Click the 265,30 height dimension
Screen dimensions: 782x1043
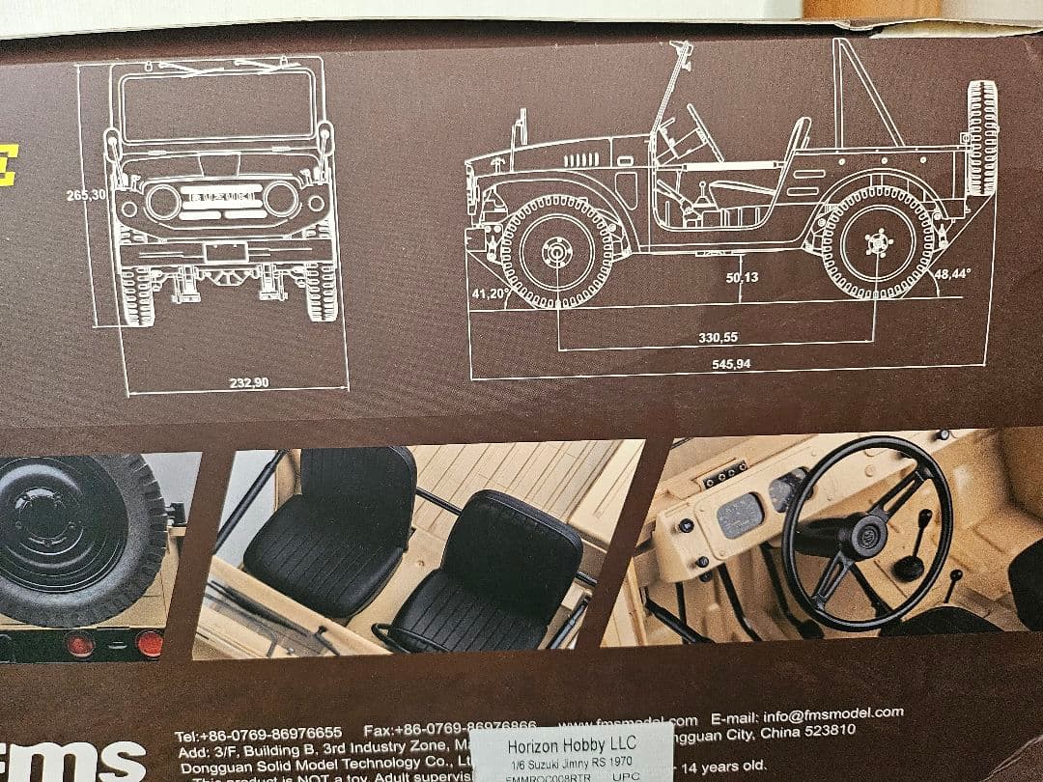[86, 195]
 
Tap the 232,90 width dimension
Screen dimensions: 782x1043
[249, 383]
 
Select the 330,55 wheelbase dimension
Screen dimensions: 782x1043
[718, 337]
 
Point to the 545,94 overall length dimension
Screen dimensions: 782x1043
[730, 364]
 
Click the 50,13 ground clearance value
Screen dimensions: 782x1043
[742, 278]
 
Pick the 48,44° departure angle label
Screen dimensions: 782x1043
[953, 273]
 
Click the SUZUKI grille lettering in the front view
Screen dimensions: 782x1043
[221, 197]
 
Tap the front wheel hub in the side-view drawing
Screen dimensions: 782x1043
[557, 252]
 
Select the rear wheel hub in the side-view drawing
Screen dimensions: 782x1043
[878, 242]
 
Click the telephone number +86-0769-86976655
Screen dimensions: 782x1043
[258, 734]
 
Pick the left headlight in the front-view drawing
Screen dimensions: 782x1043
[163, 202]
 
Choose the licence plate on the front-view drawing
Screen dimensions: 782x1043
[225, 253]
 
